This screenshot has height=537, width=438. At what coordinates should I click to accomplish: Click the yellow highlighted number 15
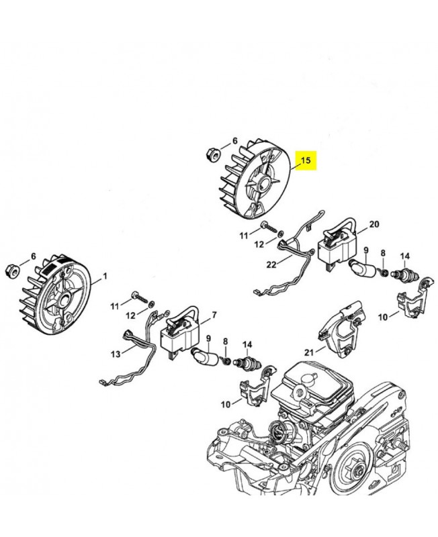click(x=306, y=160)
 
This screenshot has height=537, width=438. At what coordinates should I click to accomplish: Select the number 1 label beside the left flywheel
click(x=105, y=276)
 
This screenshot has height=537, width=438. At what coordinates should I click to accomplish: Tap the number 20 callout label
click(x=374, y=224)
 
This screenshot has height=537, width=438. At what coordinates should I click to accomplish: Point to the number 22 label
click(x=270, y=264)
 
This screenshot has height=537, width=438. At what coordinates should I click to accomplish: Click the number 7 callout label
click(x=214, y=315)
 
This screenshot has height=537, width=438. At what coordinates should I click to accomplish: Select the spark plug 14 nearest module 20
click(x=404, y=275)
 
